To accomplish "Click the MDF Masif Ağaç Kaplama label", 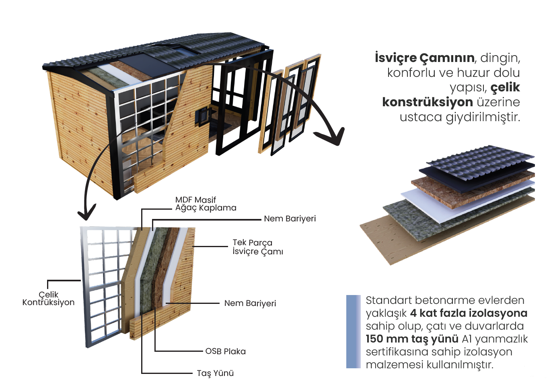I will (x=206, y=204).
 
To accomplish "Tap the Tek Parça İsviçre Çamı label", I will (x=257, y=247).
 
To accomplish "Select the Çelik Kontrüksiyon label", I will (x=48, y=298).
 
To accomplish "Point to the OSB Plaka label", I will (x=225, y=351).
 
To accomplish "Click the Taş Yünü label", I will (x=215, y=373).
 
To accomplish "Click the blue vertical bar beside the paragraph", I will (x=353, y=332).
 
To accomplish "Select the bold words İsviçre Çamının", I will (x=424, y=58).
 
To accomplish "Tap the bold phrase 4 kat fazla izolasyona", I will (x=469, y=313).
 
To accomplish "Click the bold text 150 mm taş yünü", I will (x=412, y=339).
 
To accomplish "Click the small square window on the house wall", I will (x=202, y=116).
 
